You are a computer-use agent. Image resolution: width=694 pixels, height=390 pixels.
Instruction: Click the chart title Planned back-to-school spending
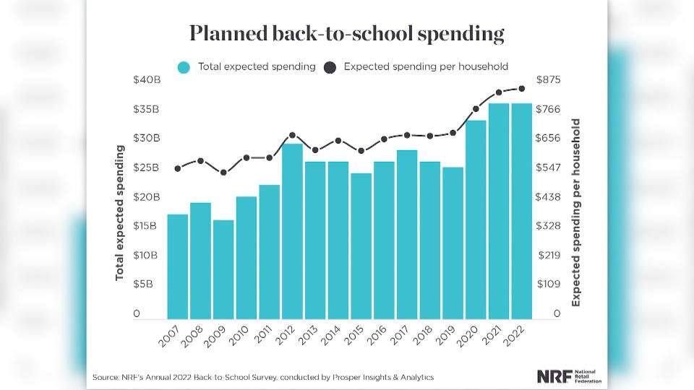[346, 33]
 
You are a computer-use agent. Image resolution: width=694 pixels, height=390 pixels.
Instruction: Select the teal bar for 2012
[292, 231]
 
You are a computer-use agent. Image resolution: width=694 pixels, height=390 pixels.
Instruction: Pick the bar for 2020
[476, 220]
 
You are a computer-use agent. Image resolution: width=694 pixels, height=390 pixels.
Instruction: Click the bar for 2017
[407, 234]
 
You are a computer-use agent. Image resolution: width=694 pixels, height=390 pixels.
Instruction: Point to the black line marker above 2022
[520, 89]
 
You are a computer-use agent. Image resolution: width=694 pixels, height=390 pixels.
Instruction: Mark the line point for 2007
[178, 168]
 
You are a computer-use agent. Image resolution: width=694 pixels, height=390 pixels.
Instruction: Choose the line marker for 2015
[361, 151]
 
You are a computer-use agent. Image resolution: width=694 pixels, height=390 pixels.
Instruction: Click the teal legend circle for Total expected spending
[184, 67]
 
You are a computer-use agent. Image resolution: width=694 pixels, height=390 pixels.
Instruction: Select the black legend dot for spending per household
[330, 67]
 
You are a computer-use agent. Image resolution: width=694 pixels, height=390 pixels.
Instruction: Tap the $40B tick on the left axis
[147, 80]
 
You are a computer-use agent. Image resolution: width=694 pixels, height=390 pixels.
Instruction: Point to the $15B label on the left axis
[147, 226]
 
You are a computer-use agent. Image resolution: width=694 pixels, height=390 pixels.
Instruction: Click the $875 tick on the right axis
[547, 80]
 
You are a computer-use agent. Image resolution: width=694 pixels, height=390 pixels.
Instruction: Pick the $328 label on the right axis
[547, 226]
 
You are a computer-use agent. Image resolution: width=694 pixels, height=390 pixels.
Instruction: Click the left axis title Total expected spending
[120, 213]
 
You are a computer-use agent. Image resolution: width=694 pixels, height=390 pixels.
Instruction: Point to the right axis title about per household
[576, 213]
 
